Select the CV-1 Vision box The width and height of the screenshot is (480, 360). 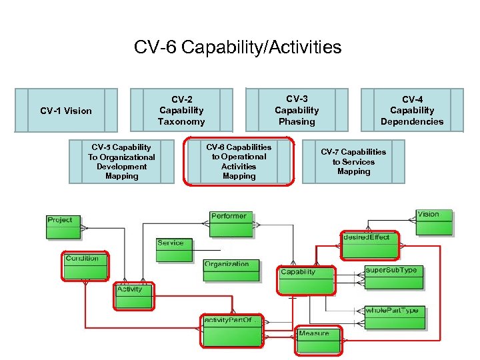click(66, 111)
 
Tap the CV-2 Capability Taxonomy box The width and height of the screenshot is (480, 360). click(181, 111)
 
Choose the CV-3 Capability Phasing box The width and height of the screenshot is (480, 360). click(297, 110)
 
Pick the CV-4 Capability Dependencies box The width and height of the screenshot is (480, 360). click(412, 111)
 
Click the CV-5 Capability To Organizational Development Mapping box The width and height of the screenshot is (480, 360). click(122, 161)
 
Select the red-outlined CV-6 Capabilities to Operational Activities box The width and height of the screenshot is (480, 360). click(239, 162)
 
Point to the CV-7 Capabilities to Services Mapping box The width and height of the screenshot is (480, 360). click(353, 161)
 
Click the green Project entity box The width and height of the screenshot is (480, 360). click(63, 227)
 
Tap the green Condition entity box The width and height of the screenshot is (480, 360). click(85, 267)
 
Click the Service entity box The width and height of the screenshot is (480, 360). click(174, 250)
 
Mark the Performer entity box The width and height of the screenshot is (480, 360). click(231, 223)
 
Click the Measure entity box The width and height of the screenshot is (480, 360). click(318, 338)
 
